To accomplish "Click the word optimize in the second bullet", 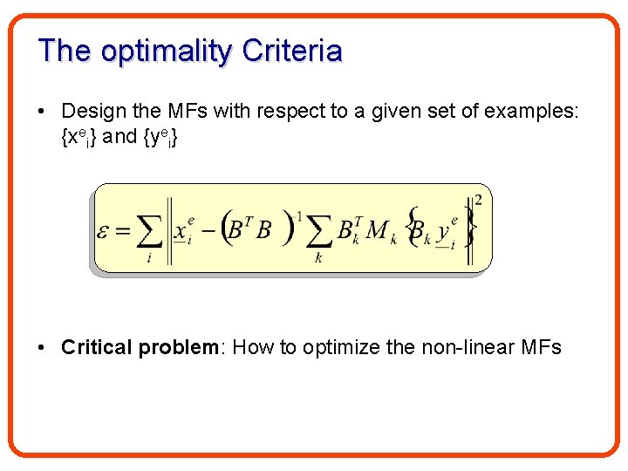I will coord(342,347).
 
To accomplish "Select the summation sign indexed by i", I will coord(149,231).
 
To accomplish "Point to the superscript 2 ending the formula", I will coord(477,200).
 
